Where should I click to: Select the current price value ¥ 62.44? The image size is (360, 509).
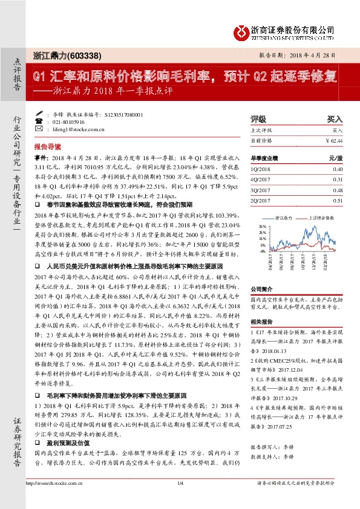(333, 140)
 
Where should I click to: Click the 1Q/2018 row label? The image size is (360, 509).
(260, 169)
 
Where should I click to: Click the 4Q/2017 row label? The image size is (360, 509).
(260, 180)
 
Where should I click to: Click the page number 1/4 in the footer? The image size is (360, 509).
(180, 499)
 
